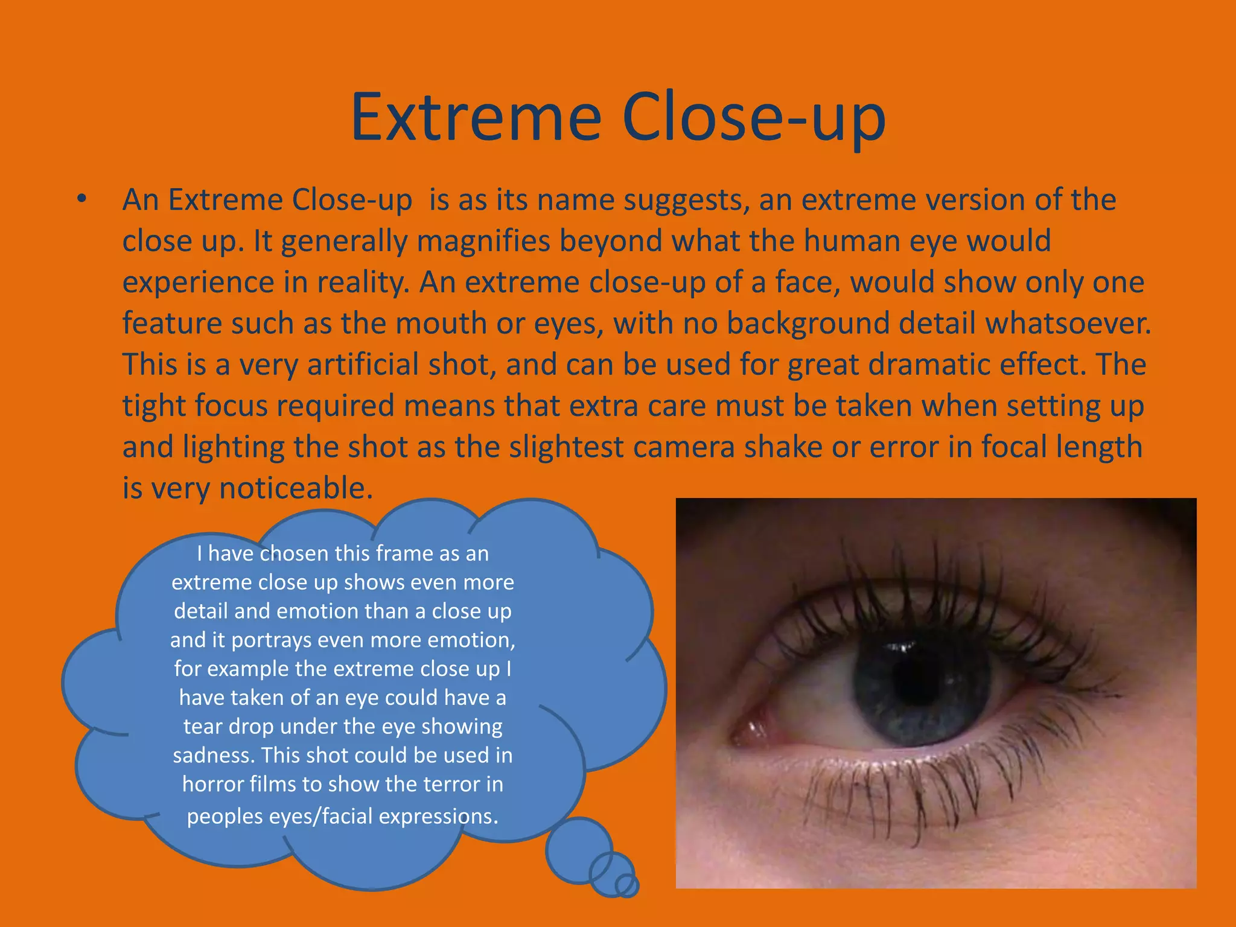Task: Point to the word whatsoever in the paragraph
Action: pyautogui.click(x=1068, y=323)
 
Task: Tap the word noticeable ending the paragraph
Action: pyautogui.click(x=296, y=488)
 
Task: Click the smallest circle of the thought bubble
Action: pyautogui.click(x=627, y=885)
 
